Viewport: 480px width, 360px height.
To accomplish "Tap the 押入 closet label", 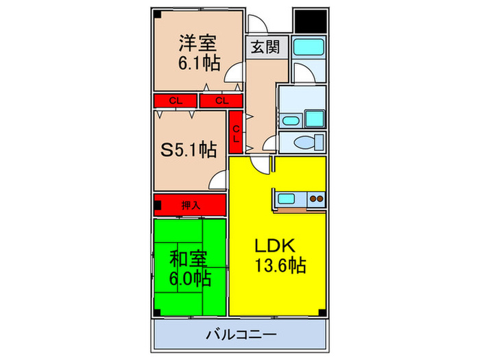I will [x=190, y=204].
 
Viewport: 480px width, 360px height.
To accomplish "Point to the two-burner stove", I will [x=316, y=200].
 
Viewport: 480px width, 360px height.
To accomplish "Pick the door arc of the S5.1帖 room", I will [x=218, y=181].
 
